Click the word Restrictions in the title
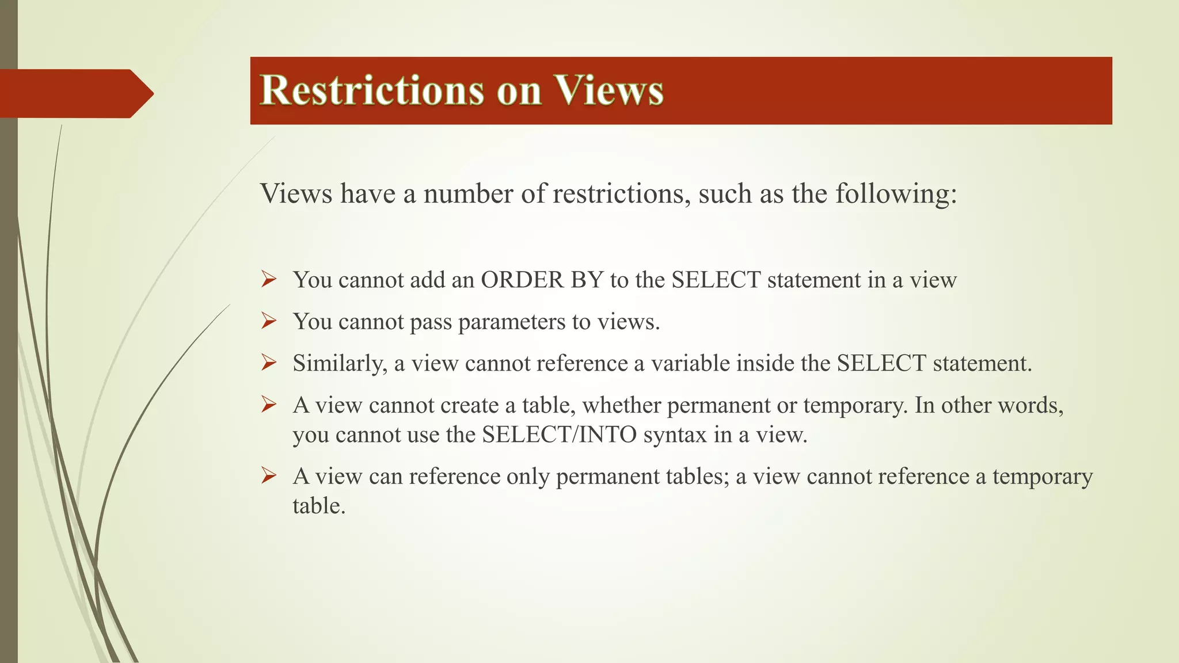pyautogui.click(x=372, y=90)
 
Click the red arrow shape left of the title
pyautogui.click(x=75, y=93)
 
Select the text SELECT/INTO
pyautogui.click(x=559, y=435)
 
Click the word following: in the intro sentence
pyautogui.click(x=896, y=194)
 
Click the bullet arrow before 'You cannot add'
pyautogui.click(x=269, y=280)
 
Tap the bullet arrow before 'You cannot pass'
pyautogui.click(x=269, y=321)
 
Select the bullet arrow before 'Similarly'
pyautogui.click(x=269, y=363)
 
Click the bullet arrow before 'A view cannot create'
pyautogui.click(x=269, y=405)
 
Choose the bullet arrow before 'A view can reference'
pyautogui.click(x=269, y=476)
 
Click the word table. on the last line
pyautogui.click(x=319, y=506)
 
